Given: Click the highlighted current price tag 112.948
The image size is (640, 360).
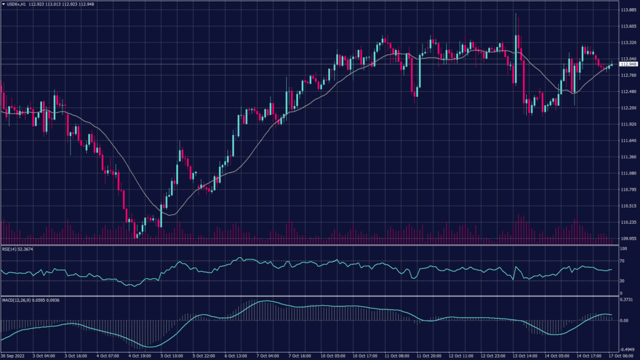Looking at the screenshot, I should coord(627,64).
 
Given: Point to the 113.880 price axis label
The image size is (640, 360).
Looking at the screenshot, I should coord(627,11).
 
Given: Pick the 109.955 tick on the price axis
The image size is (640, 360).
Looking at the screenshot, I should coord(627,238).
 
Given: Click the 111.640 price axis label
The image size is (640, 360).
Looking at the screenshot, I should coord(627,141).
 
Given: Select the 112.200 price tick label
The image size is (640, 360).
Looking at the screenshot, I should coord(627,108).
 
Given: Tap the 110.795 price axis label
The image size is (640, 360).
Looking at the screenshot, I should coord(627,189).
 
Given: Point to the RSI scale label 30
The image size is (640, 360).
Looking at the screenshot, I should coord(622,281).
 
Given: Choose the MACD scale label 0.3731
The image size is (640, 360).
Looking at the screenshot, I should coord(626,299).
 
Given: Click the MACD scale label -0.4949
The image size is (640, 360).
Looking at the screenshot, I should coord(627,350).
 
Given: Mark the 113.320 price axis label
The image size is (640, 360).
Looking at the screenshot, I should coord(627,43).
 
